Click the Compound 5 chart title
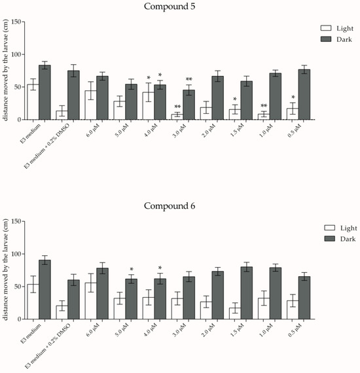170,7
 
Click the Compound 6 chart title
170,205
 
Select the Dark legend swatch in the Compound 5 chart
326,39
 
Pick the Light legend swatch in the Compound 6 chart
329,228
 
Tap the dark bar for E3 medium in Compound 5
45,92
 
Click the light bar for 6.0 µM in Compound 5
91,105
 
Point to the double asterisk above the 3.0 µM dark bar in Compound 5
189,79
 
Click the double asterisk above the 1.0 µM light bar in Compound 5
264,105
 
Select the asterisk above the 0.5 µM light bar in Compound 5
293,97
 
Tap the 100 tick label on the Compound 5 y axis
16,54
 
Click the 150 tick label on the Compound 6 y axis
16,221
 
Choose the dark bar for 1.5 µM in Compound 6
247,293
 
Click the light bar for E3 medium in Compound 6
33,302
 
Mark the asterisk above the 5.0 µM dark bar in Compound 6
132,270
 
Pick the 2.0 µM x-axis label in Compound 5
208,131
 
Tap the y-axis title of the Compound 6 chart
5,270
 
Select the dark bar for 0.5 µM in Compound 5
304,94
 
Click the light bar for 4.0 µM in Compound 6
149,308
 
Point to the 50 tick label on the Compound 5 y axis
18,87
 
